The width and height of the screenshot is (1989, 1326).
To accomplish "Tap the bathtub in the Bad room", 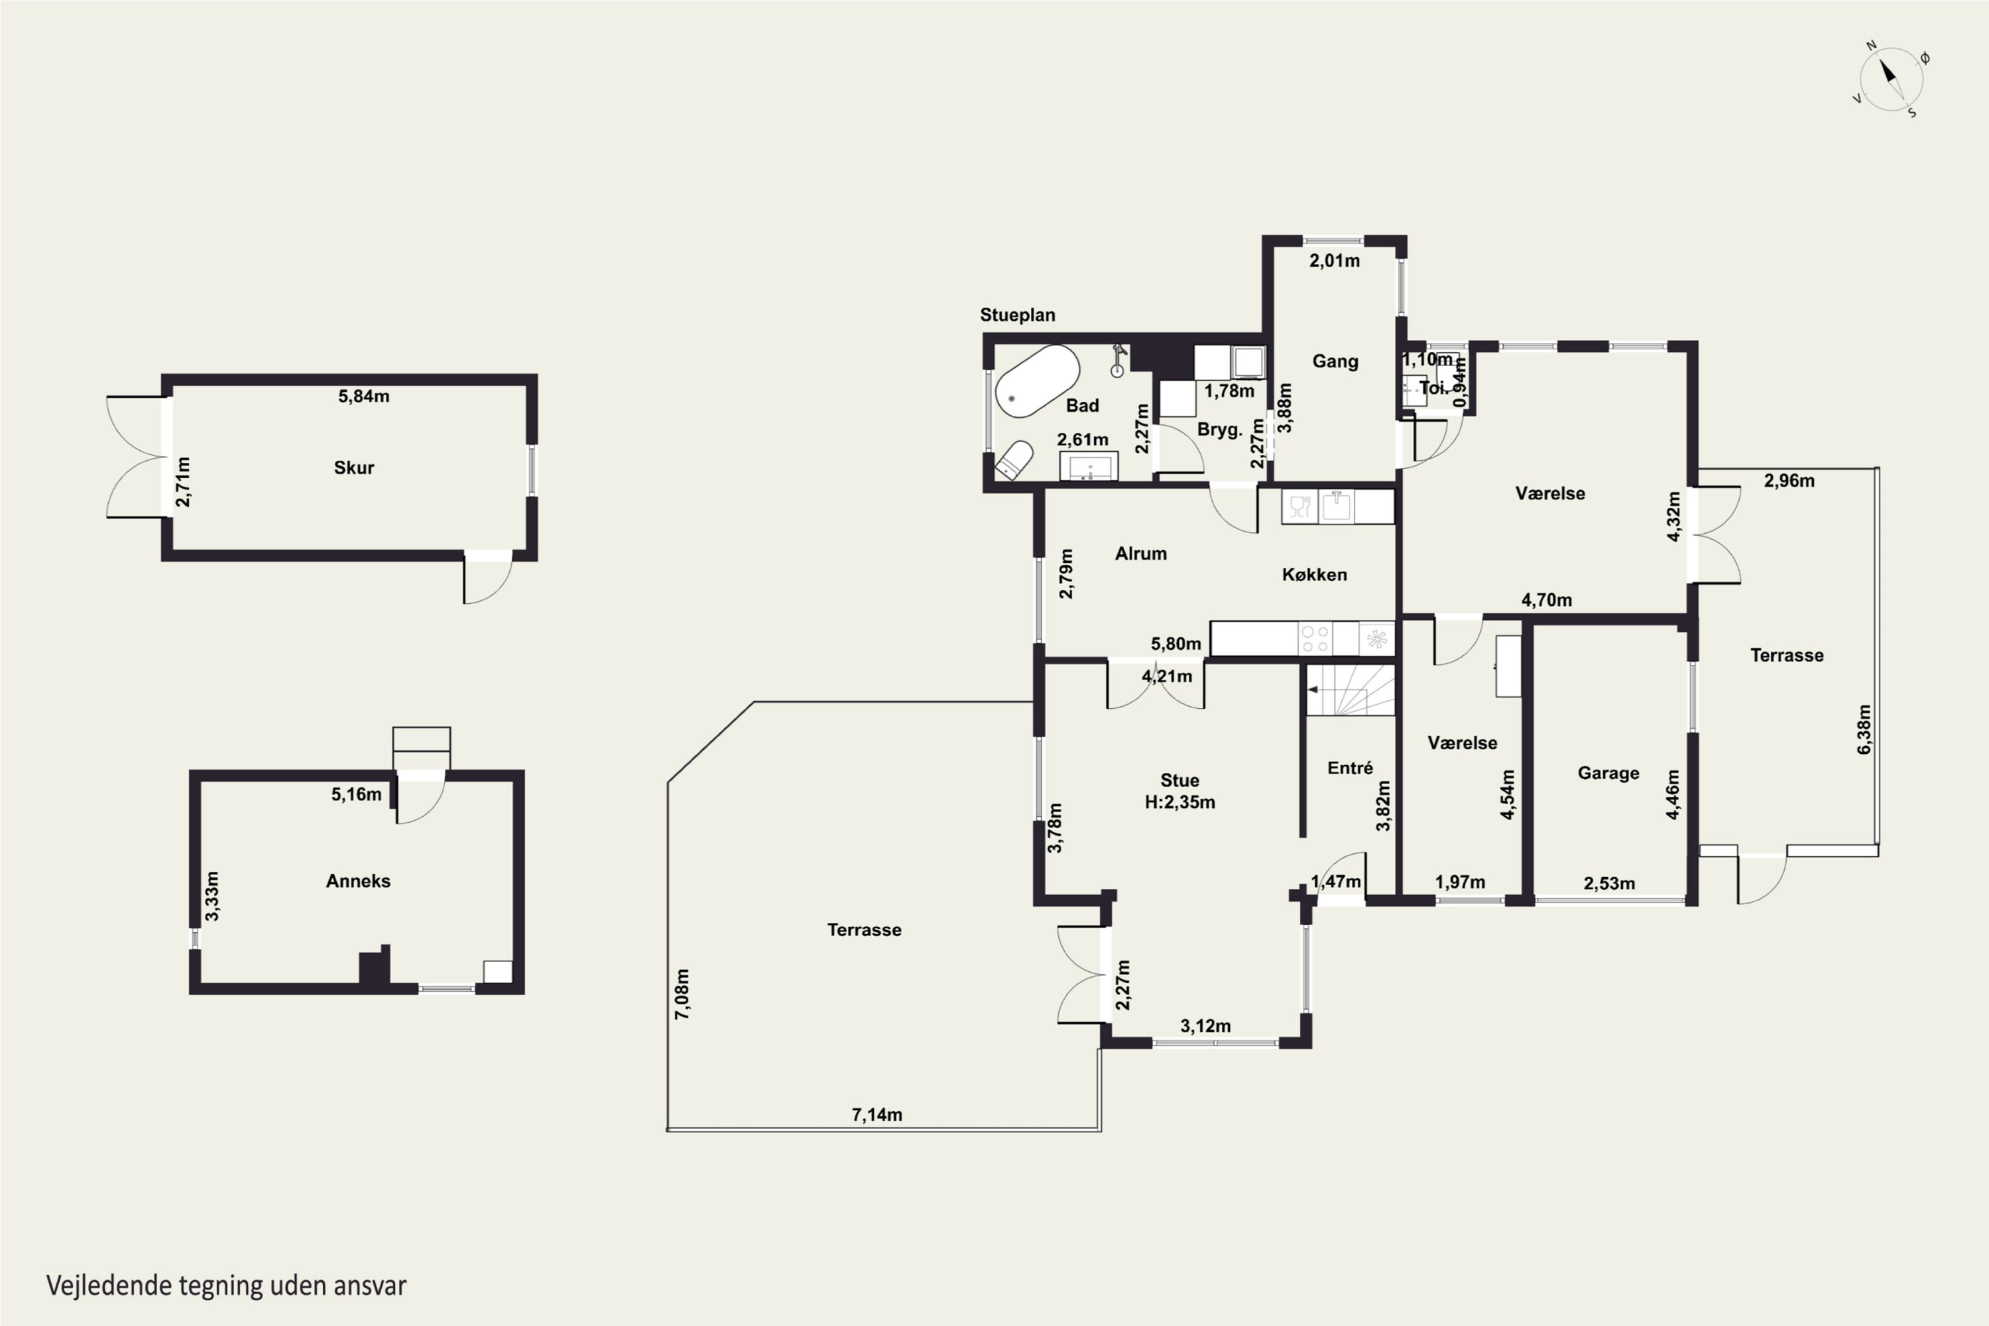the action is coord(1037,381).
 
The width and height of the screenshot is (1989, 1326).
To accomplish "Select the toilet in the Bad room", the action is coord(1014,459).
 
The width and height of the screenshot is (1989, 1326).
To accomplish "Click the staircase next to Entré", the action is coord(1350,690).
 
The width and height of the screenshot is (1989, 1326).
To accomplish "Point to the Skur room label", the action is coord(353,467).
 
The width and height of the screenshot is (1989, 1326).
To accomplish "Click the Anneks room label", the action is coord(358,881).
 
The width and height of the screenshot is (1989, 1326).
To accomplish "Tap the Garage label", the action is coord(1608,773).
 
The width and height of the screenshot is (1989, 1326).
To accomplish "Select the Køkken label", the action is coord(1314,575).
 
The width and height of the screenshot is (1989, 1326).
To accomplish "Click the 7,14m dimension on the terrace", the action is coord(877,1115).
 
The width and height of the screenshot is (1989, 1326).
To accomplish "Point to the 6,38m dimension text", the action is coord(1864,729).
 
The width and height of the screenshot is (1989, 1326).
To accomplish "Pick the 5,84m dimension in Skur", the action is coord(363,396).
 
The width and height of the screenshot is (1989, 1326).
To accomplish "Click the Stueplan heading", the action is coord(1017,314).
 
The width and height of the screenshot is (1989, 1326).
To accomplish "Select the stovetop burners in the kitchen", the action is coord(1315,638).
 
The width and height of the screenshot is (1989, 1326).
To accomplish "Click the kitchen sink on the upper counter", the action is coord(1336,507).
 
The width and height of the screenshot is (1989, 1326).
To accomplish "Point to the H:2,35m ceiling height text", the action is coord(1179,802).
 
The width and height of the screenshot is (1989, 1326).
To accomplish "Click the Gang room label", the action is coord(1335,361).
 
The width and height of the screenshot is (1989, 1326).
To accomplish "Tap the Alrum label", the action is coord(1141,554).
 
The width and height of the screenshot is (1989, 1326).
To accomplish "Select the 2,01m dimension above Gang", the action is coord(1335,261).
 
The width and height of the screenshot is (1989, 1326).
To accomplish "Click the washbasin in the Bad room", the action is coord(1089,467).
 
